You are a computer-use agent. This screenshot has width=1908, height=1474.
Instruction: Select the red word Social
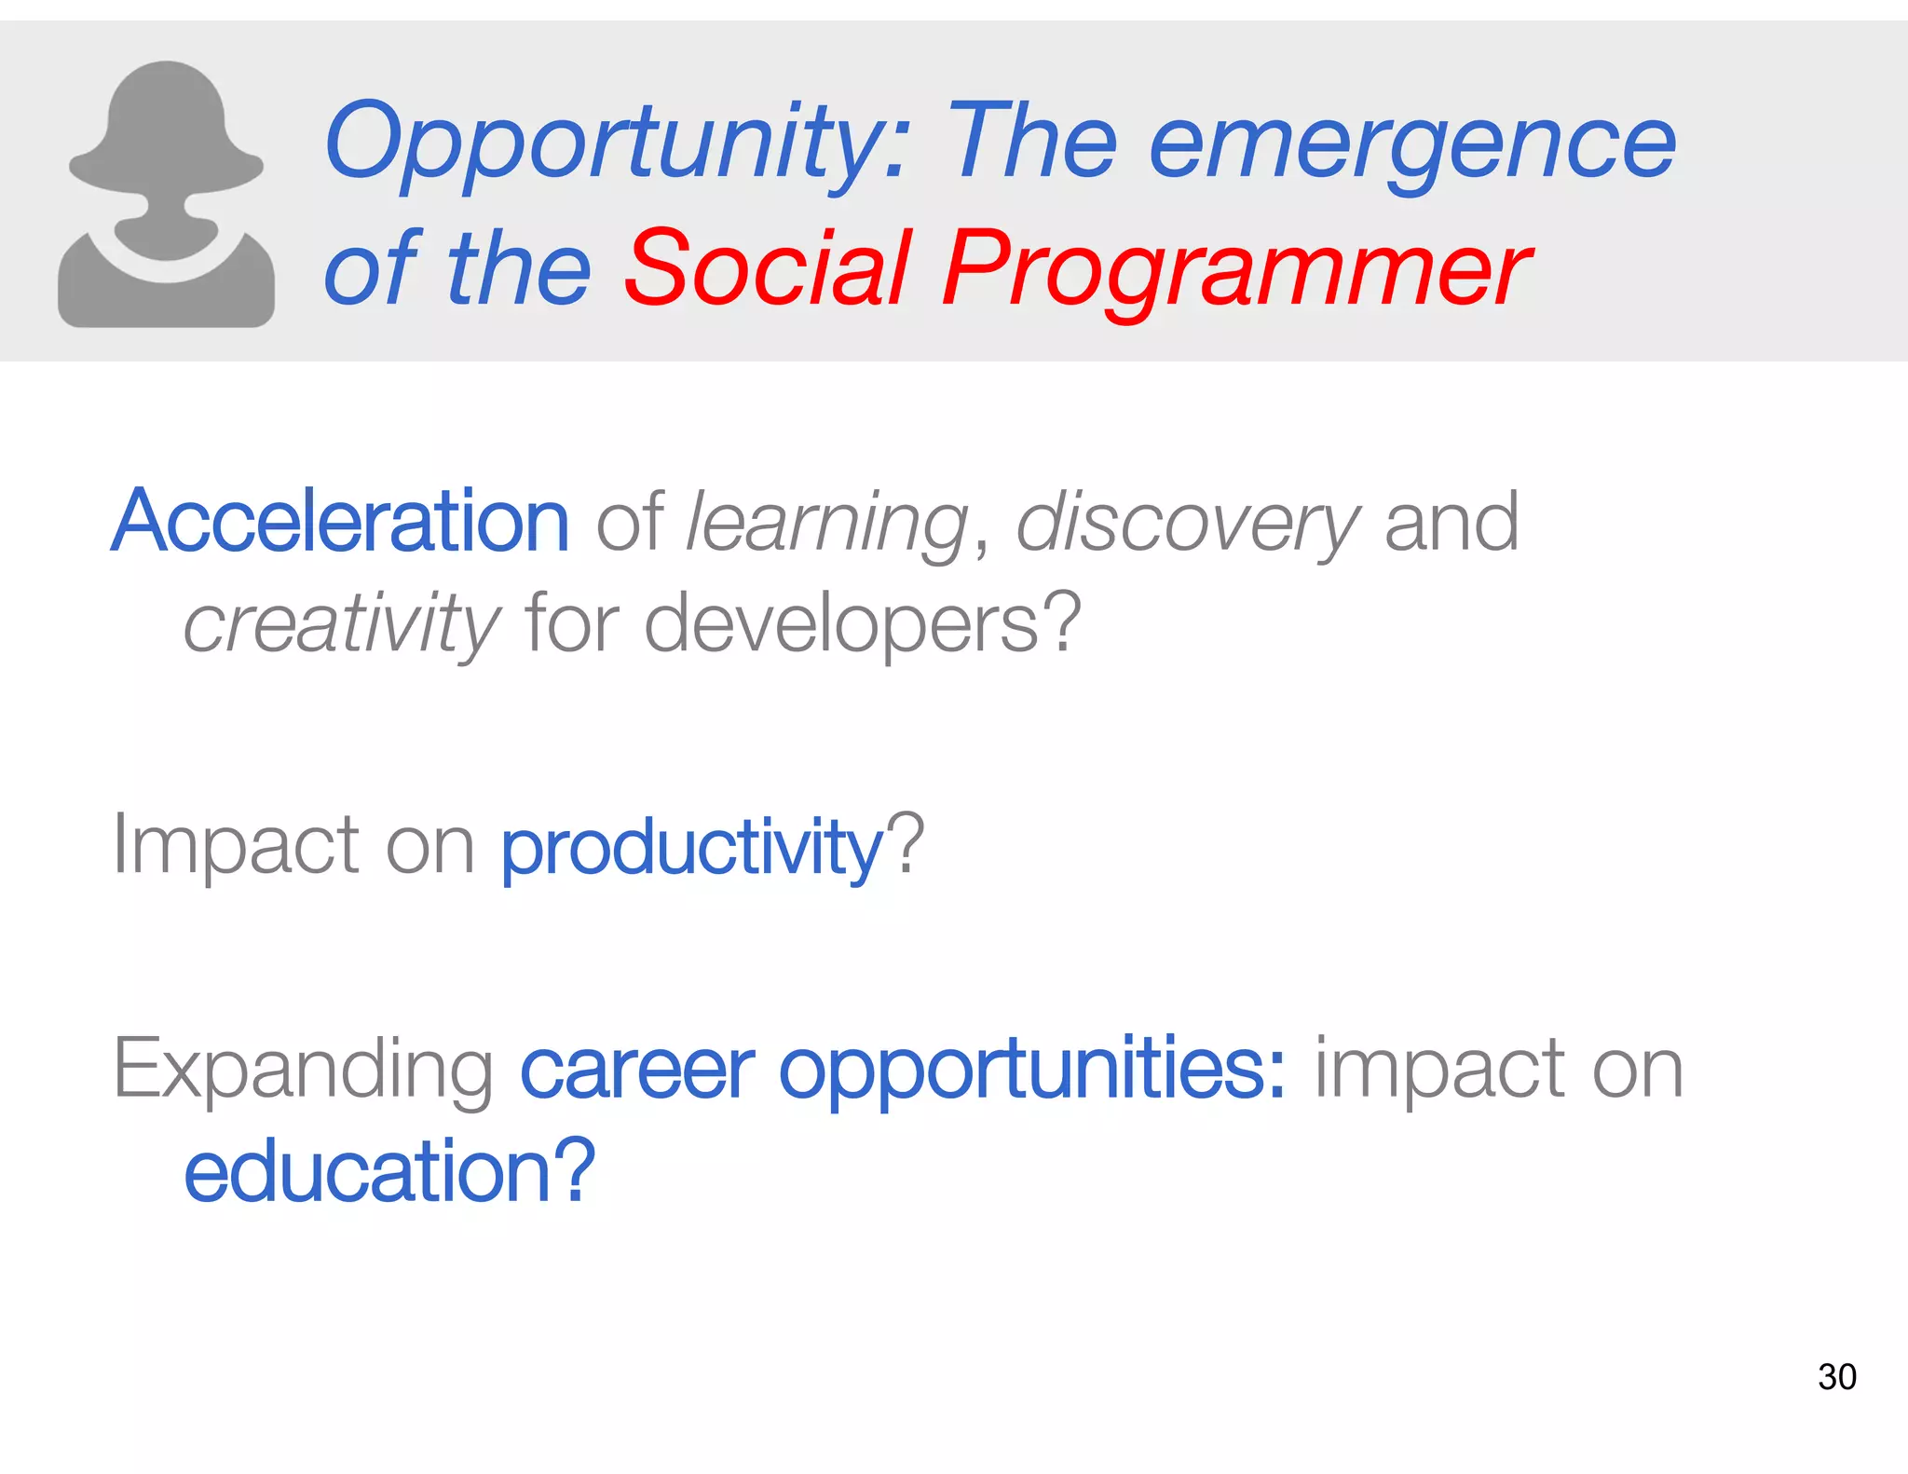(767, 270)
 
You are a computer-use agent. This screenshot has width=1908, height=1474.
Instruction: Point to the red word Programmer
(1234, 270)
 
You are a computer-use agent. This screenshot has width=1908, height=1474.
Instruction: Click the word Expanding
(303, 1070)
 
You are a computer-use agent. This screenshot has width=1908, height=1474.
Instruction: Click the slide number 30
(1836, 1377)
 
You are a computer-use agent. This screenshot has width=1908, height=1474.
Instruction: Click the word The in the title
(1030, 143)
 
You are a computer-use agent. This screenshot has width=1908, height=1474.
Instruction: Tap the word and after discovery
(1451, 522)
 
